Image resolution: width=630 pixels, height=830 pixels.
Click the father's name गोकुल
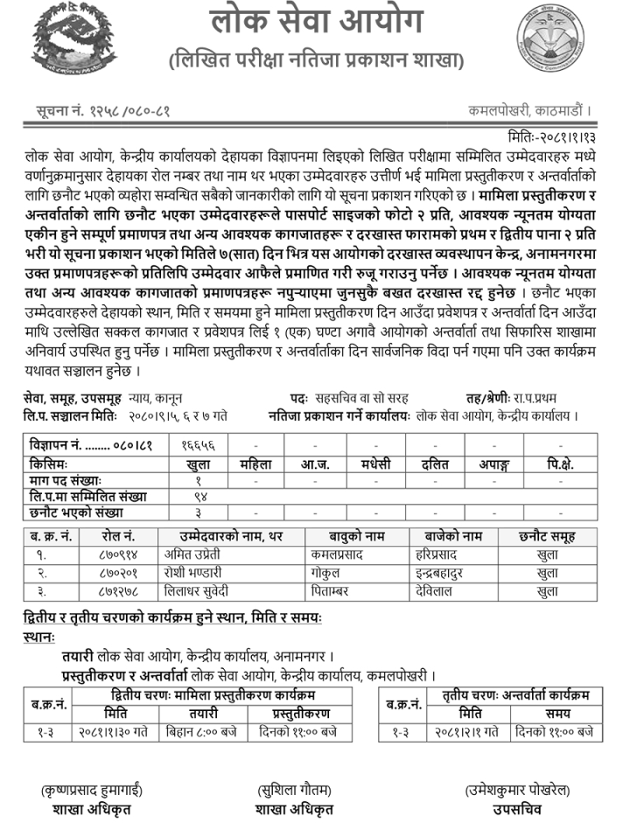(x=326, y=572)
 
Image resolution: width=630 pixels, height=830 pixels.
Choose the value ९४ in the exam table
(x=198, y=496)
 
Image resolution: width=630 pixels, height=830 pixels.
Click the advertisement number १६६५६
(x=198, y=447)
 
